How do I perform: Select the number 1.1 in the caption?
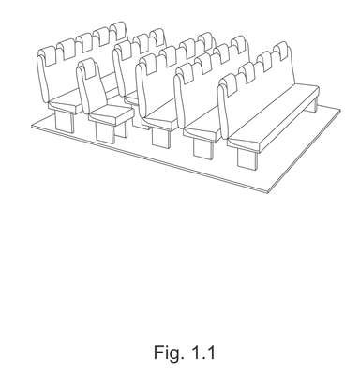pyautogui.click(x=203, y=352)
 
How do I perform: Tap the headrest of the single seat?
pyautogui.click(x=87, y=68)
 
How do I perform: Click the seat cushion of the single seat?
pyautogui.click(x=111, y=114)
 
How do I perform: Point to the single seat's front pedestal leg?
pyautogui.click(x=105, y=134)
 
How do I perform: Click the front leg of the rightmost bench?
pyautogui.click(x=247, y=159)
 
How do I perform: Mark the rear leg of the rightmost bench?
pyautogui.click(x=311, y=104)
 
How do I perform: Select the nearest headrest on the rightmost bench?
pyautogui.click(x=229, y=84)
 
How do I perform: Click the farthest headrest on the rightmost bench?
pyautogui.click(x=280, y=51)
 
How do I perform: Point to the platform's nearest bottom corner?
pyautogui.click(x=267, y=192)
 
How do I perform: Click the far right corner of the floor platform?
pyautogui.click(x=340, y=110)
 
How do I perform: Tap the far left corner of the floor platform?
pyautogui.click(x=32, y=126)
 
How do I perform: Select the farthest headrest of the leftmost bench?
pyautogui.click(x=119, y=31)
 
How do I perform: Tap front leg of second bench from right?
pyautogui.click(x=203, y=148)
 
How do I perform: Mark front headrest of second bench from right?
pyautogui.click(x=186, y=73)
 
